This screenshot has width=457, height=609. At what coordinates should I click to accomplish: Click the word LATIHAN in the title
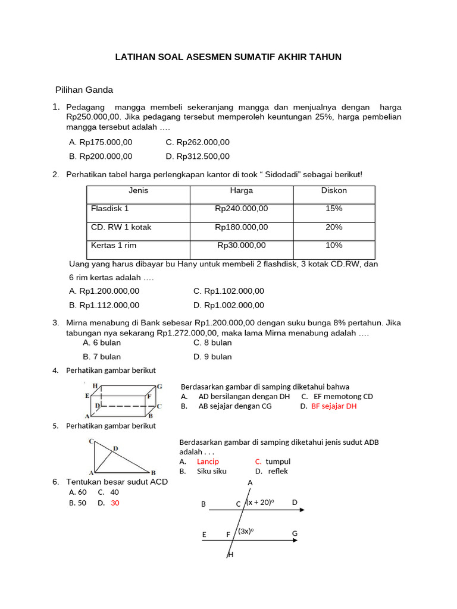pos(137,57)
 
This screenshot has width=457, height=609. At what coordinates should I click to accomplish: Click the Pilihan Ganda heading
pos(84,90)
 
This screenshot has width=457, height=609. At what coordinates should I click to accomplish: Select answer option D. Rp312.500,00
pos(198,156)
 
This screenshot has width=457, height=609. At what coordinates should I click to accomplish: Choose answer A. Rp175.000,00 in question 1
pos(101,142)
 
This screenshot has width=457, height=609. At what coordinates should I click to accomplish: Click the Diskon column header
pos(334,191)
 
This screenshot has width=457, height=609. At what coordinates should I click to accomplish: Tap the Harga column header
pos(242,191)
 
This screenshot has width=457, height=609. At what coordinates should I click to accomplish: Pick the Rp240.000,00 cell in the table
pos(242,209)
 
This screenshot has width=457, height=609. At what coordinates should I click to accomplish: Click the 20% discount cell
pos(334,227)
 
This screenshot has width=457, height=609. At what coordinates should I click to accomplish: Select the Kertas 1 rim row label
pos(114,245)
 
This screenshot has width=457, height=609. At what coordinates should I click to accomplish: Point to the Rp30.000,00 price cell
pos(242,245)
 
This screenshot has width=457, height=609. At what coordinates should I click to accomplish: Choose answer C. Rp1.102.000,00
pos(228,291)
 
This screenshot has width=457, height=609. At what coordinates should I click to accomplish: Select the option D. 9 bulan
pos(212,357)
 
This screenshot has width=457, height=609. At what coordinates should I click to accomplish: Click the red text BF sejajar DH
pos(333,406)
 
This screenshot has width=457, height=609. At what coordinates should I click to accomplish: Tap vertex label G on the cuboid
pos(159,387)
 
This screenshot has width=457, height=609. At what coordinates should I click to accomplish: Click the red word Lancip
pos(208,462)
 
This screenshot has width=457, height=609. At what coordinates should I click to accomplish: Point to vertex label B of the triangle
pos(153,473)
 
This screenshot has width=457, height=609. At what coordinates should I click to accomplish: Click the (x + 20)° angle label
pos(260,503)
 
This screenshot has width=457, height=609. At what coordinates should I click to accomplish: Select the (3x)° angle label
pos(246,531)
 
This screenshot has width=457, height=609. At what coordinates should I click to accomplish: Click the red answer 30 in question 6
pos(115,503)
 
